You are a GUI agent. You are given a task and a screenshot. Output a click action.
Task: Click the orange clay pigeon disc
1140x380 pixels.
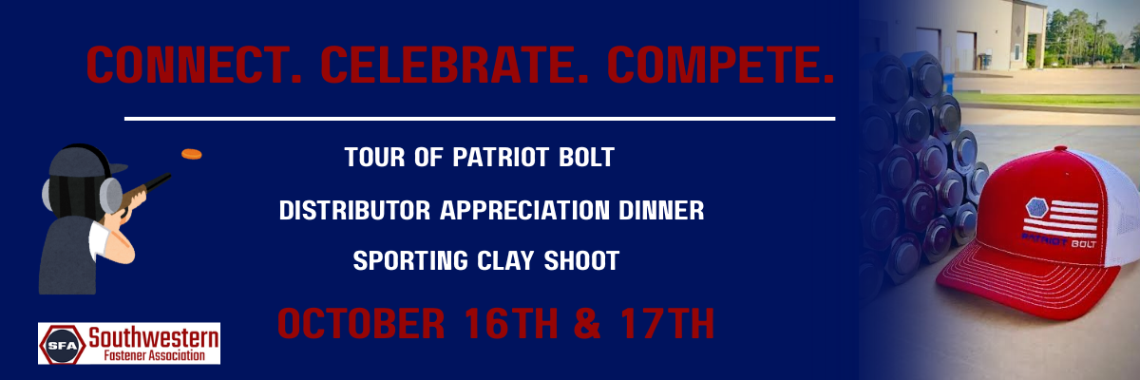(192, 154)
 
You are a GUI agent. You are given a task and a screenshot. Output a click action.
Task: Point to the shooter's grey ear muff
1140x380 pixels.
(110, 195)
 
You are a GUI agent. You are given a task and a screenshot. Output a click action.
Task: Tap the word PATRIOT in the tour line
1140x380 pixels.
(501, 157)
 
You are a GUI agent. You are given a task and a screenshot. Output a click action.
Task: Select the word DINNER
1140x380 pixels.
(661, 211)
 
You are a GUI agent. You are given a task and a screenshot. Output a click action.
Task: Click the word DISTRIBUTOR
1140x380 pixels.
(354, 211)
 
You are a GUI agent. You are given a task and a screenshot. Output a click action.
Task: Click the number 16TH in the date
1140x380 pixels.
(511, 324)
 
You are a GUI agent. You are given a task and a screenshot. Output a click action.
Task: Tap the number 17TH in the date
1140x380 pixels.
(667, 324)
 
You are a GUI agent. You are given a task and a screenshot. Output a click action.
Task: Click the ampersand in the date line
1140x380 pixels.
(588, 324)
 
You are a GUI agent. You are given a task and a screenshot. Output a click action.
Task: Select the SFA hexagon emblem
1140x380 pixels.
(63, 345)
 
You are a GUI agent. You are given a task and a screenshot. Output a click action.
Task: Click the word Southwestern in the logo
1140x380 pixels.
(154, 337)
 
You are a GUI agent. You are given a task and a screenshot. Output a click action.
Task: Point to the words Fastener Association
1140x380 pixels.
(154, 355)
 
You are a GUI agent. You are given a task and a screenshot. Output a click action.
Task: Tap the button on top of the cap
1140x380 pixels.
(1060, 149)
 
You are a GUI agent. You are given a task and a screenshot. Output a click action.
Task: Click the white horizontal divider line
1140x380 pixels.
(480, 119)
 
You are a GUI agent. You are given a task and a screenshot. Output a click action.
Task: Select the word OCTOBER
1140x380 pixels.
(361, 324)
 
